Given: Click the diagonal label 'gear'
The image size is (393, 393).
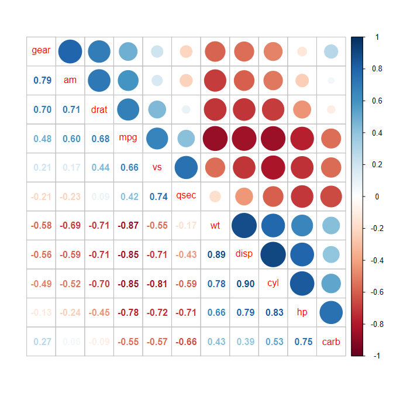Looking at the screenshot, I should [x=41, y=51].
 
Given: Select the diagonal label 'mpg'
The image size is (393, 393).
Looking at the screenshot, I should [x=127, y=138].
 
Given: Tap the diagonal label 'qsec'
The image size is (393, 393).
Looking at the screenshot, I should [x=186, y=196].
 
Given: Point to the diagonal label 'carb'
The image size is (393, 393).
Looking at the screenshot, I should [x=331, y=342].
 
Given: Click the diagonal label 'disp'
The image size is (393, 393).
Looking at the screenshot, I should [x=244, y=254].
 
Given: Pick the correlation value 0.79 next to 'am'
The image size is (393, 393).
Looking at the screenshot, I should [x=42, y=80].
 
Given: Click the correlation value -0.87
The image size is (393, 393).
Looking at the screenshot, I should [x=128, y=225].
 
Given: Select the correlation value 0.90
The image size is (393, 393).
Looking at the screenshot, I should [x=244, y=284].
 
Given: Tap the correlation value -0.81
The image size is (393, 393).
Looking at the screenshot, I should [x=157, y=284].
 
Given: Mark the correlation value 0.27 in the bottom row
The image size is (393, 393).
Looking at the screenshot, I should [x=42, y=342].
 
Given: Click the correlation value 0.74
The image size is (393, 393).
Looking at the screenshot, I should [x=157, y=196].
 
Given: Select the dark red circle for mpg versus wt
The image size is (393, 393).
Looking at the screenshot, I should [x=215, y=138].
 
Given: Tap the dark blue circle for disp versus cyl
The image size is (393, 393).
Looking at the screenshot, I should [x=273, y=254].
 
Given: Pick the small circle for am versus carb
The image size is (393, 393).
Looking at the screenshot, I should [x=331, y=80].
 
